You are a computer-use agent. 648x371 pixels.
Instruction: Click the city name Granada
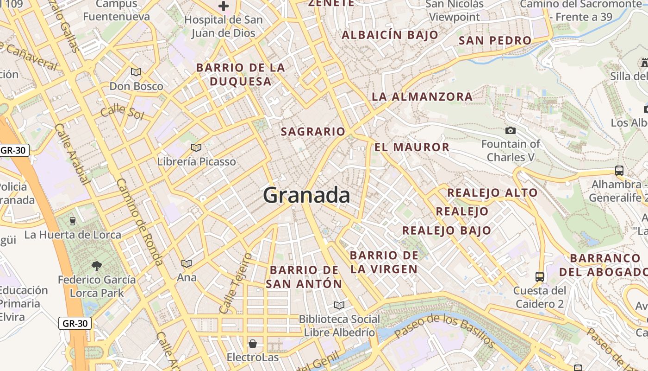[x=306, y=195]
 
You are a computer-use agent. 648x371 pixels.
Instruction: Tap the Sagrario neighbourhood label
[x=313, y=132]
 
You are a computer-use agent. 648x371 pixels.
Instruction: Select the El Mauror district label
[x=411, y=147]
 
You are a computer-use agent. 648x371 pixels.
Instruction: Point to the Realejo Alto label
[x=492, y=193]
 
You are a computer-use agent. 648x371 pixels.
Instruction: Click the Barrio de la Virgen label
[x=384, y=262]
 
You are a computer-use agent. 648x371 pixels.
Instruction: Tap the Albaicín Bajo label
[x=390, y=35]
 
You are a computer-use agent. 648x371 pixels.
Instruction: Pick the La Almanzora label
[x=422, y=97]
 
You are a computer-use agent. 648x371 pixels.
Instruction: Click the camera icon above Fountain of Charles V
[x=511, y=131]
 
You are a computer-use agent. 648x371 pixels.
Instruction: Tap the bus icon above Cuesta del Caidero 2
[x=539, y=277]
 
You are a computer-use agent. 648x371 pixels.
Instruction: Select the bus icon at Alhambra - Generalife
[x=619, y=170]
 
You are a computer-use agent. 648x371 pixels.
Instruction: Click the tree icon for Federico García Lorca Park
[x=97, y=266]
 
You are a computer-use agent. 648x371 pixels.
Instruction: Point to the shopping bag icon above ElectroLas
[x=253, y=344]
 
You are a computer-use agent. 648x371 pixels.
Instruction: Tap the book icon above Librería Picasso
[x=196, y=147]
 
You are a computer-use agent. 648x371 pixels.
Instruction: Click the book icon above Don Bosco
[x=136, y=72]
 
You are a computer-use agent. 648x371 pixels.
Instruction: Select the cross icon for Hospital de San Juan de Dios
[x=224, y=6]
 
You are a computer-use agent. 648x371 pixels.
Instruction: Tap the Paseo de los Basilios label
[x=444, y=329]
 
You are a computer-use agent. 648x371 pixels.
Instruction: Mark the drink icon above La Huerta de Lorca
[x=72, y=221]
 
